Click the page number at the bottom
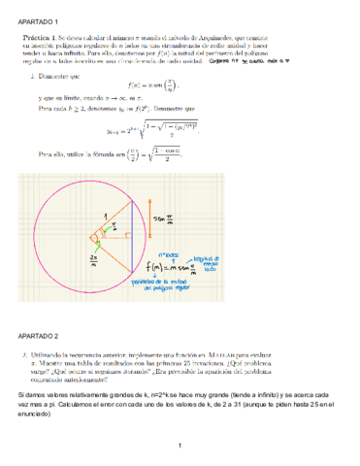click(x=180, y=446)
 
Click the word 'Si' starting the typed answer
click(x=22, y=397)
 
